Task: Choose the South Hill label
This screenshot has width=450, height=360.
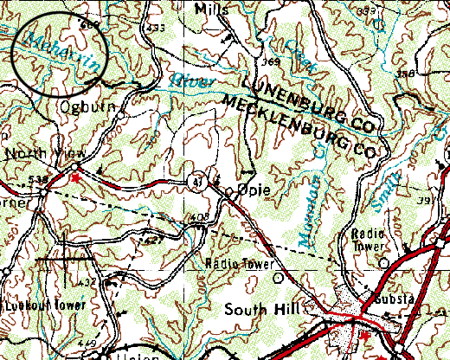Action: (260, 309)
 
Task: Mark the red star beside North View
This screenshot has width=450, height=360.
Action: (75, 177)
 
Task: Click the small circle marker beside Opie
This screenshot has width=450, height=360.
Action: (229, 190)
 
